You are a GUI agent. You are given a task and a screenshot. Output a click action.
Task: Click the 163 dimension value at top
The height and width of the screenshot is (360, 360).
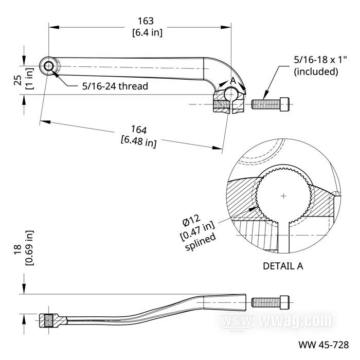pyautogui.click(x=146, y=21)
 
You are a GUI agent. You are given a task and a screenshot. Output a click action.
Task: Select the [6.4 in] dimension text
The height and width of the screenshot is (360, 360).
pyautogui.click(x=146, y=32)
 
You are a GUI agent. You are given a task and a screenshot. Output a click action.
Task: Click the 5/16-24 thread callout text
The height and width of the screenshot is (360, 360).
pyautogui.click(x=115, y=86)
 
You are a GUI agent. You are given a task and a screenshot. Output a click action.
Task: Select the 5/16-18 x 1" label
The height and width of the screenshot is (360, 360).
pyautogui.click(x=315, y=60)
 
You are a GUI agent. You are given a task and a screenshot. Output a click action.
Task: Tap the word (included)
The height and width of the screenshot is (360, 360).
pyautogui.click(x=316, y=71)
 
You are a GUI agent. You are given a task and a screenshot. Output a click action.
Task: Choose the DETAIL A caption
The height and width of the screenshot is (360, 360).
pyautogui.click(x=283, y=266)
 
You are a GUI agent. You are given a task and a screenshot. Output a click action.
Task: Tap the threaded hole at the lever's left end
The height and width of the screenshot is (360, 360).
pyautogui.click(x=49, y=66)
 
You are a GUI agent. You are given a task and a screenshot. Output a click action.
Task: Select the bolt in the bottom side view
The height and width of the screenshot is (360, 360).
pyautogui.click(x=271, y=302)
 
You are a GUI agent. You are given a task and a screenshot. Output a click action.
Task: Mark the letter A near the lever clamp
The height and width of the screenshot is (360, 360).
pyautogui.click(x=233, y=80)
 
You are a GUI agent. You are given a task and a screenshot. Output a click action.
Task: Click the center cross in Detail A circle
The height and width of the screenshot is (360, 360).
pyautogui.click(x=283, y=196)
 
